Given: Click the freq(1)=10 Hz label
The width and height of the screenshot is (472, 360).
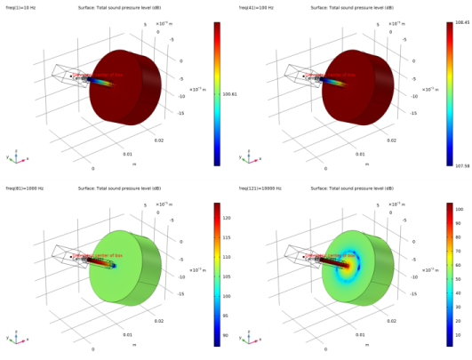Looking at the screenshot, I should point(20,8).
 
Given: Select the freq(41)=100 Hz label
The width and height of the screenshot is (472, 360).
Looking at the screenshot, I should point(254,8).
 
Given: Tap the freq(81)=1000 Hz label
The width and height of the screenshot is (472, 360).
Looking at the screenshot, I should point(21,189).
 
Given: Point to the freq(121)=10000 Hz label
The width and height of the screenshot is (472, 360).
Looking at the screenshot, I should point(258,189).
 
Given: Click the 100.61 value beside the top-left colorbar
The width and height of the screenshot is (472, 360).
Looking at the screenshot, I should point(229,92).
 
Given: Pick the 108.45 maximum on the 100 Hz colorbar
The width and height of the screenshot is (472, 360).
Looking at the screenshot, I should point(461,20).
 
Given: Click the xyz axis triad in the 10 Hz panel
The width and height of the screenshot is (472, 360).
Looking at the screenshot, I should point(17,157).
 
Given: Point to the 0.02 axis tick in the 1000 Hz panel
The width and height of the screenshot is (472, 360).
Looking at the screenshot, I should point(159,321).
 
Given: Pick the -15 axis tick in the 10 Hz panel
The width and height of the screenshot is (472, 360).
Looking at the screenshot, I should point(181,113).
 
